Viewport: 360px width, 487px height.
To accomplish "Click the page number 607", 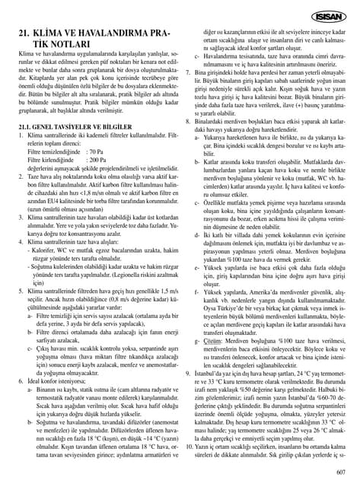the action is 340,472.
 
